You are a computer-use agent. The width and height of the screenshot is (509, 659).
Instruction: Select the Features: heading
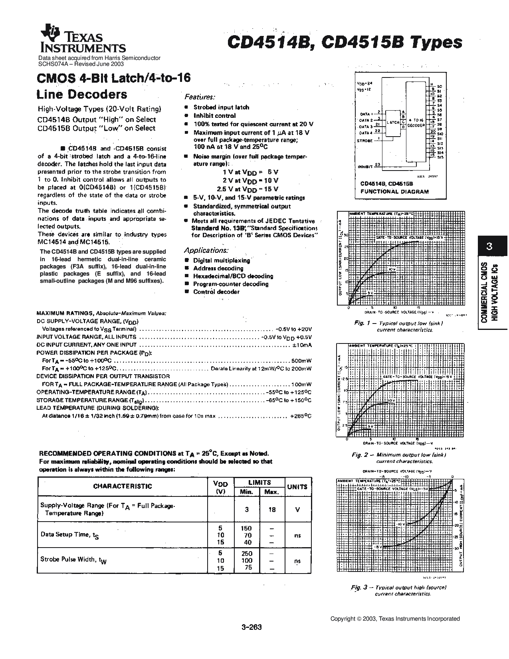pyautogui.click(x=200, y=97)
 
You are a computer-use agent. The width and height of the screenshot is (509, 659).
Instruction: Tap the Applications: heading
pyautogui.click(x=206, y=250)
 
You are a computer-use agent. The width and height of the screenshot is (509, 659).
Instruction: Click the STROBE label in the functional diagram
pyautogui.click(x=364, y=141)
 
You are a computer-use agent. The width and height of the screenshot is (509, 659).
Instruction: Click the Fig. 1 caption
pyautogui.click(x=398, y=326)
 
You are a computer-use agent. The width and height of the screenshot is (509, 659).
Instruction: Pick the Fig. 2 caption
pyautogui.click(x=398, y=458)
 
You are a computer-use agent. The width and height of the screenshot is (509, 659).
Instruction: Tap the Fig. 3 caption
pyautogui.click(x=398, y=590)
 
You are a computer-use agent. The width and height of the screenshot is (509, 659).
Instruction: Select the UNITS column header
pyautogui.click(x=297, y=486)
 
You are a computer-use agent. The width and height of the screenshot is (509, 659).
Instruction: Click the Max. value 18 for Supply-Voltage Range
pyautogui.click(x=271, y=510)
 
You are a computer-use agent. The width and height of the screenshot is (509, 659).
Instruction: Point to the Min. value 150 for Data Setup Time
pyautogui.click(x=246, y=528)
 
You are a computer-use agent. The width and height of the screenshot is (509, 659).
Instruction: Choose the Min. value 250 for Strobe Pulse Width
pyautogui.click(x=247, y=554)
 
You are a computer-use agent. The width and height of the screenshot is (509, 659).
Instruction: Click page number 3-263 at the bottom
pyautogui.click(x=252, y=627)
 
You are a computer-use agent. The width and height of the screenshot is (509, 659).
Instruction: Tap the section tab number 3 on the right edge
pyautogui.click(x=489, y=246)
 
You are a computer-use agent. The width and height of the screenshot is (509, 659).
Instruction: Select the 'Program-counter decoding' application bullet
pyautogui.click(x=231, y=284)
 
